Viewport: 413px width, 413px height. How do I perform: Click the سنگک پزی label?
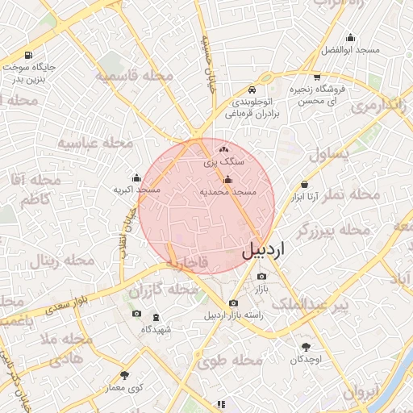point(226,162)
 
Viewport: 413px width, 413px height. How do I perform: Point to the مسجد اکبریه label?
point(136,190)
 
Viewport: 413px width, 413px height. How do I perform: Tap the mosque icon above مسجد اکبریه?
point(136,177)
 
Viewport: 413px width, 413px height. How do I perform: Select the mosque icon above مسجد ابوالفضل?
point(350,37)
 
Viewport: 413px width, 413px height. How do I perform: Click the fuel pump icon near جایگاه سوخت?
point(29,56)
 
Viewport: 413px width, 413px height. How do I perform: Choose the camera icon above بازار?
point(261,276)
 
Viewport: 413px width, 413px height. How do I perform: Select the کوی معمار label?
point(124,388)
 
